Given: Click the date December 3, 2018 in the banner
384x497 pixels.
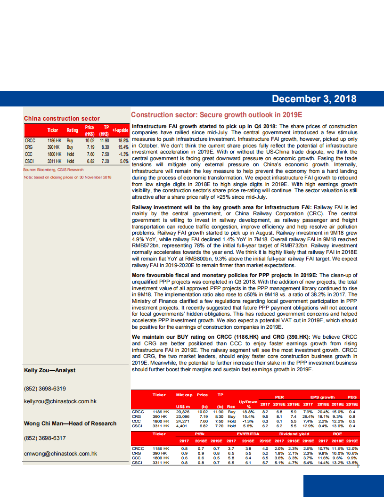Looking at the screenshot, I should click(314, 99).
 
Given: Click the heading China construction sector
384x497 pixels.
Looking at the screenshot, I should click(62, 119).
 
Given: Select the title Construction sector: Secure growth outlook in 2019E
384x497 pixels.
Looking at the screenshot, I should click(216, 115).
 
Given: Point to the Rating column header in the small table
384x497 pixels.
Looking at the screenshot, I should click(72, 130).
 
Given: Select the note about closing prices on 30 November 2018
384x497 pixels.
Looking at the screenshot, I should click(67, 177).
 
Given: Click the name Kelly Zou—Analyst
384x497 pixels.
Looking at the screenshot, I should click(49, 370).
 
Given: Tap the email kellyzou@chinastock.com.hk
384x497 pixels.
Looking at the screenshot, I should click(60, 401).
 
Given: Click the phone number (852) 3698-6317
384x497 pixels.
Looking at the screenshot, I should click(45, 438).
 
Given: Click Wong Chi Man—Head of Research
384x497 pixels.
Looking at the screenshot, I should click(70, 423).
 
